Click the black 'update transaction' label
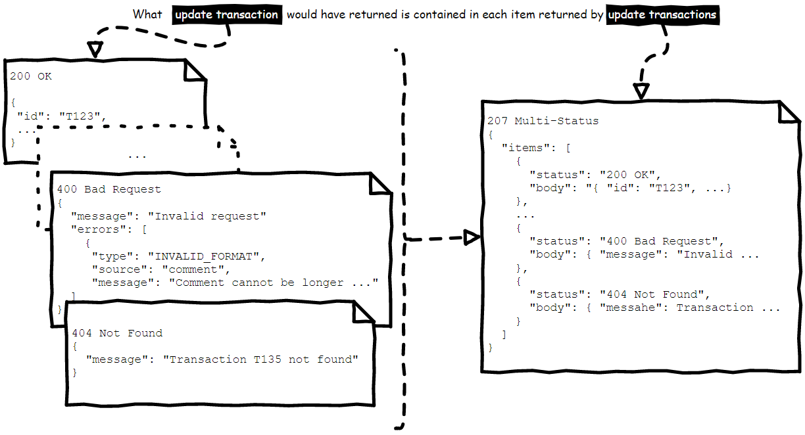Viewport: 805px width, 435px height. pos(227,14)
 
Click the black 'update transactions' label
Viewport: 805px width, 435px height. pos(662,14)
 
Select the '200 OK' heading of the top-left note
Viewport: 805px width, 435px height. pos(31,76)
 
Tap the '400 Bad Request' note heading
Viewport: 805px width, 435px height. pos(109,189)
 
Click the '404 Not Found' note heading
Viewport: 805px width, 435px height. pos(117,333)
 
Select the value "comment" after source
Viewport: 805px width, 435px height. pos(197,269)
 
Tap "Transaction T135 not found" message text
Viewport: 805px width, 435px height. pos(260,359)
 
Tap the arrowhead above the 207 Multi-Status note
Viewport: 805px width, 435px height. pos(641,91)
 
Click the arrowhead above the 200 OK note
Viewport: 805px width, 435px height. pos(95,49)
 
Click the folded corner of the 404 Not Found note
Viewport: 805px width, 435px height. pos(364,312)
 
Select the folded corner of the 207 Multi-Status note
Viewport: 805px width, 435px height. pos(789,112)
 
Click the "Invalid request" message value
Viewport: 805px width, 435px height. pos(207,216)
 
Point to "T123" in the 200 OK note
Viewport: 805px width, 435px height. pos(79,116)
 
